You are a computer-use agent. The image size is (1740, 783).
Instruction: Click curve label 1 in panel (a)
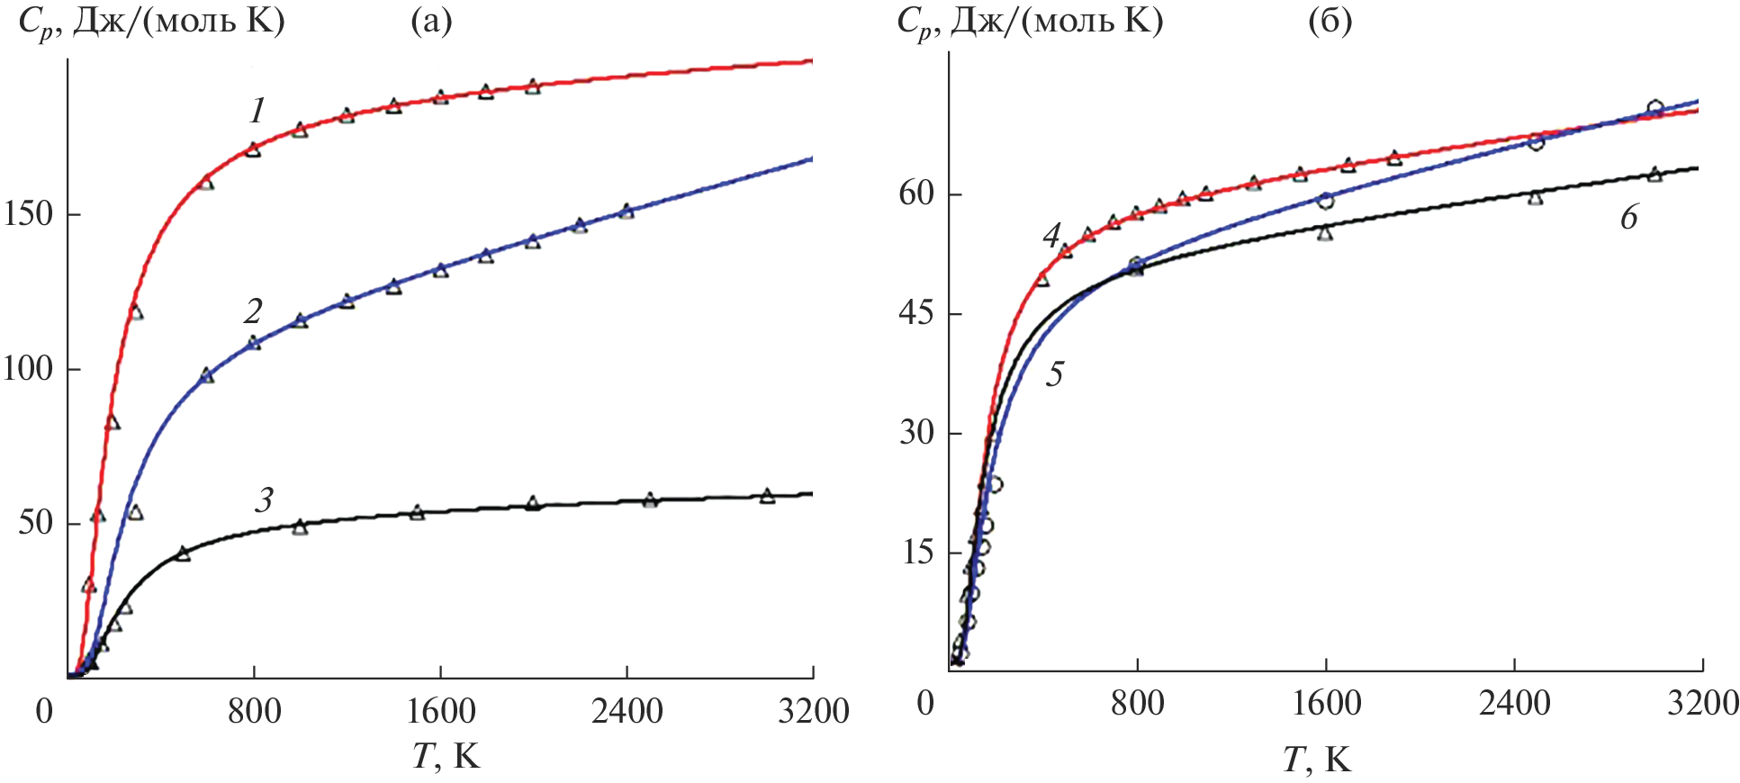pyautogui.click(x=257, y=112)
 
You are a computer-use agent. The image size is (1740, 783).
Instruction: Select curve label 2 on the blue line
pyautogui.click(x=253, y=311)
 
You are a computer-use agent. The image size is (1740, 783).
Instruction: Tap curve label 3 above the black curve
pyautogui.click(x=263, y=500)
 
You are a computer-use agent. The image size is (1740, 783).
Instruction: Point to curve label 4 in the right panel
pyautogui.click(x=1051, y=237)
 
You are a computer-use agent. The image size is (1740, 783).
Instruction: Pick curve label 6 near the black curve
pyautogui.click(x=1628, y=218)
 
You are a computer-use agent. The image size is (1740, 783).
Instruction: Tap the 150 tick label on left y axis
pyautogui.click(x=28, y=215)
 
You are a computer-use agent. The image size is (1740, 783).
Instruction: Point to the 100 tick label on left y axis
pyautogui.click(x=28, y=369)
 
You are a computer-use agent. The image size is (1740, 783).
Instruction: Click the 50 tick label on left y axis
pyautogui.click(x=36, y=523)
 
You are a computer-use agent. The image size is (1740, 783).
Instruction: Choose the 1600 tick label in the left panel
pyautogui.click(x=440, y=712)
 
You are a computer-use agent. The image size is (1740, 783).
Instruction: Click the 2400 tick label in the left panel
pyautogui.click(x=627, y=712)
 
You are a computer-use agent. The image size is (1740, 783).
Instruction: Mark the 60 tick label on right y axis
pyautogui.click(x=917, y=194)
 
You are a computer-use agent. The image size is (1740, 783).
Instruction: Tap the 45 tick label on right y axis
pyautogui.click(x=917, y=314)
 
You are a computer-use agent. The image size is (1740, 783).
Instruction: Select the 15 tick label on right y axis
pyautogui.click(x=917, y=552)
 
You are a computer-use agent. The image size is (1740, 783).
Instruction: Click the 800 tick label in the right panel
pyautogui.click(x=1137, y=703)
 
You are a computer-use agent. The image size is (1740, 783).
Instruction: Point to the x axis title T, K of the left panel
pyautogui.click(x=446, y=757)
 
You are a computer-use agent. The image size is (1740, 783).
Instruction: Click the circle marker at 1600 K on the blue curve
pyautogui.click(x=1325, y=200)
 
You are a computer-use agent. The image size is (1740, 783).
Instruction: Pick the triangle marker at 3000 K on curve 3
pyautogui.click(x=767, y=496)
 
